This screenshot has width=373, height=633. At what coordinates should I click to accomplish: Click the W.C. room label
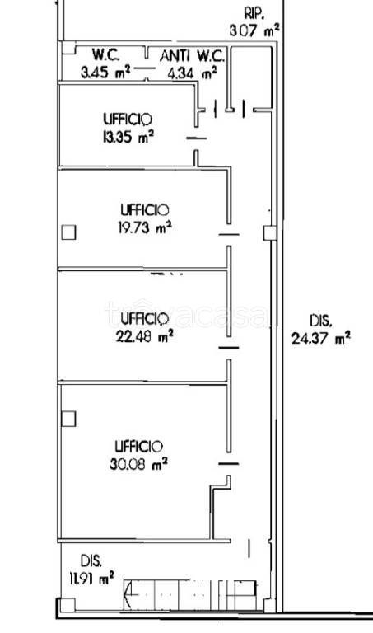[x=105, y=55]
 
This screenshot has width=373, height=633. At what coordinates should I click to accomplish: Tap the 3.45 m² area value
[x=105, y=73]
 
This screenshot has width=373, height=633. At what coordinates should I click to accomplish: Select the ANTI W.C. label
[x=192, y=56]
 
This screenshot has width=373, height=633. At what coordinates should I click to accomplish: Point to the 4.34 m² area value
[x=193, y=73]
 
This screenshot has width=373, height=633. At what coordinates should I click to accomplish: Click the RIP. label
[x=254, y=13]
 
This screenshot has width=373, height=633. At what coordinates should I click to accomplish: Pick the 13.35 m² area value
[x=128, y=138]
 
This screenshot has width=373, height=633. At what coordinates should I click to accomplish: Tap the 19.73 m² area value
[x=145, y=228]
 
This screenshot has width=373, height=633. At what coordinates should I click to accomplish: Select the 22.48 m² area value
[x=145, y=336]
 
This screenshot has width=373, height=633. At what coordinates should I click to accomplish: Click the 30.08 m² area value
[x=138, y=464]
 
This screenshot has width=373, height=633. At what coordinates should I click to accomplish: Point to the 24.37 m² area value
[x=321, y=338]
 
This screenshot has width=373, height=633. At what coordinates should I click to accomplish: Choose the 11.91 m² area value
[x=91, y=579]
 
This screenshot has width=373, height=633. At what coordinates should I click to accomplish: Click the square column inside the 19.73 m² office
[x=68, y=232]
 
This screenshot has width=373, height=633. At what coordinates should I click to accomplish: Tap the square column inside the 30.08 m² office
[x=68, y=419]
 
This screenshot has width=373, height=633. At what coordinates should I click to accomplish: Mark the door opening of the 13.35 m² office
[x=196, y=138]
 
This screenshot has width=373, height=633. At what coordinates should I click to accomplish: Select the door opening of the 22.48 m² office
[x=229, y=348]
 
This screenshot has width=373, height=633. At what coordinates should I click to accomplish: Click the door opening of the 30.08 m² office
[x=228, y=464]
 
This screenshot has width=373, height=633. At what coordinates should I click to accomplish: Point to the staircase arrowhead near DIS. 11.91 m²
[x=128, y=593]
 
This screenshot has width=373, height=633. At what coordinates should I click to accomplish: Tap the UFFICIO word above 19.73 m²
[x=145, y=210]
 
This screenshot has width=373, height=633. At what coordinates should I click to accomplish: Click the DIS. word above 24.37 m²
[x=321, y=321]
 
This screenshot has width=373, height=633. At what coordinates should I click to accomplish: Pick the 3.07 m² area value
[x=254, y=30]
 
